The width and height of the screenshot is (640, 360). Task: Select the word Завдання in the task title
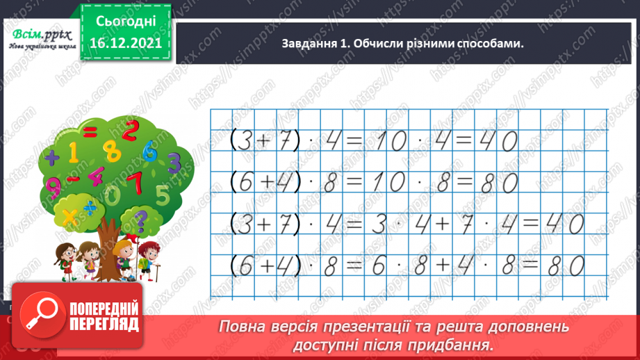(306, 44)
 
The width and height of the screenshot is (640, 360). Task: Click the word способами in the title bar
(489, 44)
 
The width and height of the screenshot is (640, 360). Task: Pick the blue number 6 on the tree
(149, 152)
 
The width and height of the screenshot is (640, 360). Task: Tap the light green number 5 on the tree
(163, 194)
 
